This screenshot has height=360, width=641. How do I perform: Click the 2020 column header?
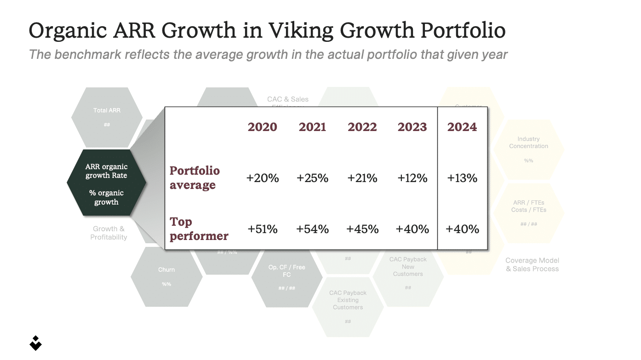pyautogui.click(x=263, y=127)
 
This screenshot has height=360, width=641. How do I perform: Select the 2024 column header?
pyautogui.click(x=462, y=127)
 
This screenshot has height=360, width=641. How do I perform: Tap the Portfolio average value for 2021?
pyautogui.click(x=313, y=178)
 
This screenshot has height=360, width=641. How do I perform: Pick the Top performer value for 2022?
pyautogui.click(x=362, y=229)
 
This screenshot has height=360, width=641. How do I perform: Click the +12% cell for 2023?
pyautogui.click(x=412, y=178)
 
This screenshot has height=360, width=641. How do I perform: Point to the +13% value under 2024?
pyautogui.click(x=462, y=178)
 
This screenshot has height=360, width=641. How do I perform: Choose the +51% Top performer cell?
pyautogui.click(x=263, y=229)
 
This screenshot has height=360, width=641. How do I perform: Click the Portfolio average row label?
pyautogui.click(x=195, y=178)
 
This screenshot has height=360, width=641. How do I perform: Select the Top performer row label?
pyautogui.click(x=199, y=229)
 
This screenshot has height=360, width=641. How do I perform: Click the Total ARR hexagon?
pyautogui.click(x=107, y=117)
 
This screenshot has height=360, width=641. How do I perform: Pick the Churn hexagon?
pyautogui.click(x=166, y=276)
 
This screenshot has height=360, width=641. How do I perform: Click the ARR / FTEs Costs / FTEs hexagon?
pyautogui.click(x=528, y=212)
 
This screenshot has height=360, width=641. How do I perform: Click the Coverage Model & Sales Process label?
pyautogui.click(x=532, y=264)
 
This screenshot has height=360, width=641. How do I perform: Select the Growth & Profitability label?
pyautogui.click(x=109, y=233)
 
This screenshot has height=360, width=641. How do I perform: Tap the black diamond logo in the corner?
pyautogui.click(x=35, y=343)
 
